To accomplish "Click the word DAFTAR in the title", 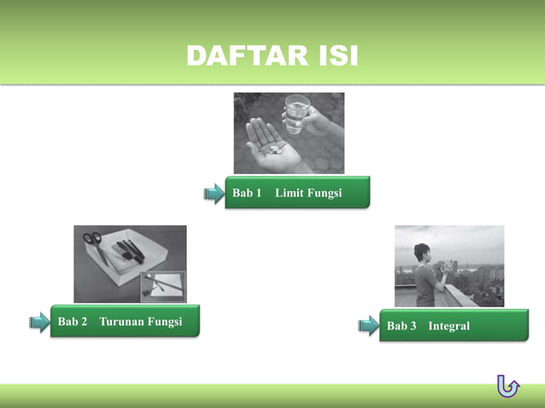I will pyautogui.click(x=242, y=56).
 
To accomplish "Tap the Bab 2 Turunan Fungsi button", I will pyautogui.click(x=125, y=322).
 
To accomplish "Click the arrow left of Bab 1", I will pyautogui.click(x=214, y=194).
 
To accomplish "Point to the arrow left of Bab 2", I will pyautogui.click(x=39, y=322).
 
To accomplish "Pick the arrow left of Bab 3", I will pyautogui.click(x=368, y=325).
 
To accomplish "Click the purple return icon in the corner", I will pyautogui.click(x=507, y=387).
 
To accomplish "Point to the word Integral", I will pyautogui.click(x=449, y=326).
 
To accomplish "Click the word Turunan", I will pyautogui.click(x=120, y=322).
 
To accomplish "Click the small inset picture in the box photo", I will pyautogui.click(x=162, y=287).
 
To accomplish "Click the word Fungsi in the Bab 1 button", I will pyautogui.click(x=325, y=194).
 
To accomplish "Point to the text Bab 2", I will pyautogui.click(x=73, y=322).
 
